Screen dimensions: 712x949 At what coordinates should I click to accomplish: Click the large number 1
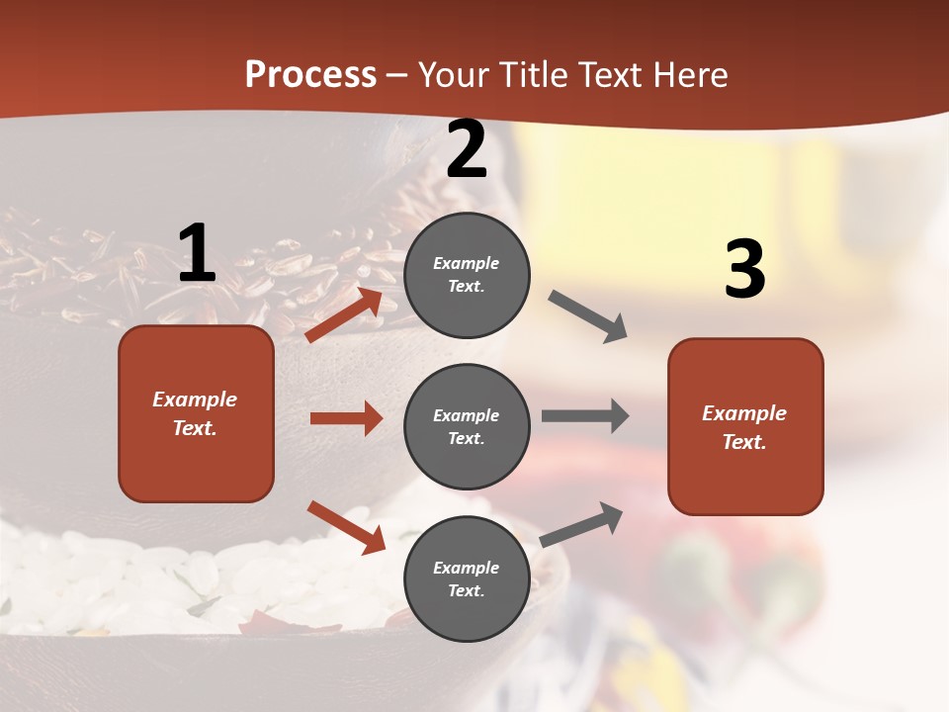pos(197,253)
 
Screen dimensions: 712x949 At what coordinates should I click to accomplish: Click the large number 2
pos(467,150)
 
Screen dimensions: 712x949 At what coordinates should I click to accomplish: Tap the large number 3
pos(744,269)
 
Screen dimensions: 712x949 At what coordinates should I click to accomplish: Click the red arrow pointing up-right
pos(344,315)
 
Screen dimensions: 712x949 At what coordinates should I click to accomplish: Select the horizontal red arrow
pos(346,418)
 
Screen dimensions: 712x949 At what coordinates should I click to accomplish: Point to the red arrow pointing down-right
pos(346,526)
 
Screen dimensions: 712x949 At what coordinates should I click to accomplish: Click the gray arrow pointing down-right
pos(587,316)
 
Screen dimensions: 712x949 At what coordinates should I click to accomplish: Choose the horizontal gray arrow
pos(585,416)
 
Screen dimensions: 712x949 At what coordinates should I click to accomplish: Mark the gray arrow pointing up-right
pos(581,524)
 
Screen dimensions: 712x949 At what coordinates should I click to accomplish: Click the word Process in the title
pos(310,74)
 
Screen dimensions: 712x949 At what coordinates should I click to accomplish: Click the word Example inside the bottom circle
pos(467,568)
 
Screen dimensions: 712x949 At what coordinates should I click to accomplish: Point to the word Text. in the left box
pos(195,428)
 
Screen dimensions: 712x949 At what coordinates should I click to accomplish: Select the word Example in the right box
pos(744,413)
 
